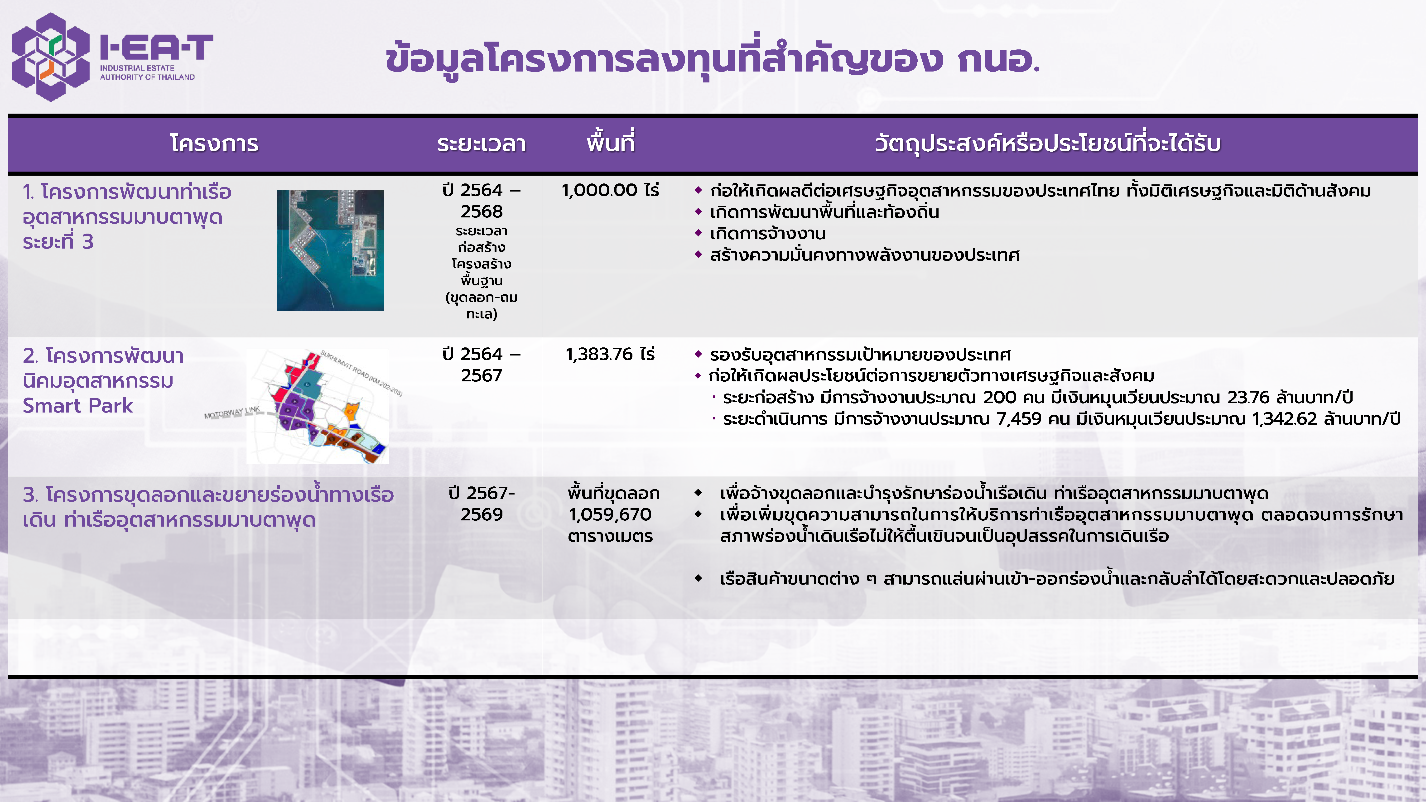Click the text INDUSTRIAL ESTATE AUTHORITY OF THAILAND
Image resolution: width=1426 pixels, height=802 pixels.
click(x=147, y=72)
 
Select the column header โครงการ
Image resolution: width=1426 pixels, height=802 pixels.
click(x=214, y=143)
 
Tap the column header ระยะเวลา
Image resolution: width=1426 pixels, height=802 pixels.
click(x=481, y=143)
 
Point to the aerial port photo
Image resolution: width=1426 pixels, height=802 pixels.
click(x=331, y=250)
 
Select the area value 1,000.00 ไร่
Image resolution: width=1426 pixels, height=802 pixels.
click(x=610, y=190)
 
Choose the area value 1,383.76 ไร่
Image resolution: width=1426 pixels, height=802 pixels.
click(x=610, y=354)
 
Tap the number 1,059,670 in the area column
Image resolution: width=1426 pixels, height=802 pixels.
click(x=610, y=515)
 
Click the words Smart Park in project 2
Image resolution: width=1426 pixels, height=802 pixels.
click(x=78, y=406)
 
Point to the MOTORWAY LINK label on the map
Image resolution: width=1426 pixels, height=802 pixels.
click(x=232, y=412)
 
